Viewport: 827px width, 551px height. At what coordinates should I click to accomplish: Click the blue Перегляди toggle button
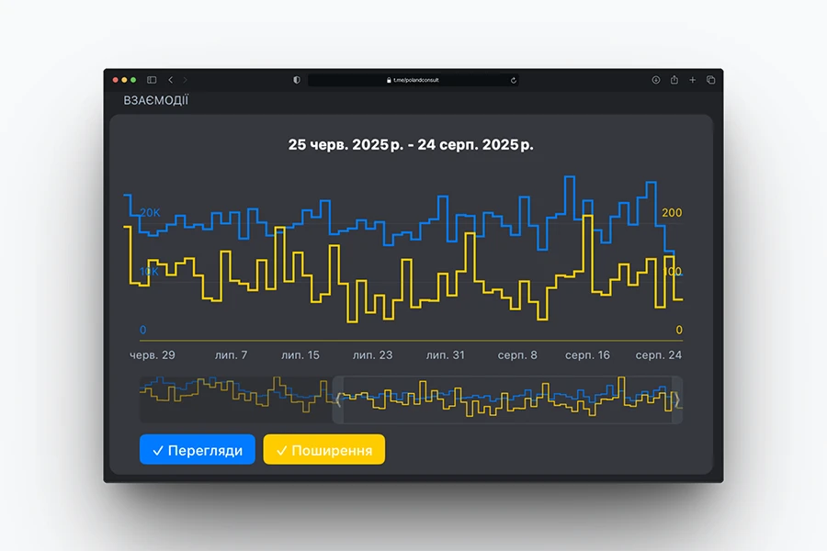[198, 450]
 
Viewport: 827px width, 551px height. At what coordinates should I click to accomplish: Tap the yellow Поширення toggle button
[324, 450]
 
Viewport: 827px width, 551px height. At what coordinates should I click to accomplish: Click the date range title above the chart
[411, 144]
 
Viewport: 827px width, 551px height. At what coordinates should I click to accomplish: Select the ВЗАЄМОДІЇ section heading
[155, 100]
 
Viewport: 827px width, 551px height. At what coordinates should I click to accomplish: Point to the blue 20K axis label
[150, 212]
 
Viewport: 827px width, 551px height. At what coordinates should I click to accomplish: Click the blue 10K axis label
[149, 272]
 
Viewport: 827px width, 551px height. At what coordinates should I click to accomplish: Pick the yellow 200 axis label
[672, 213]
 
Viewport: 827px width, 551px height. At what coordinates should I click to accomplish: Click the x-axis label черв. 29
[153, 354]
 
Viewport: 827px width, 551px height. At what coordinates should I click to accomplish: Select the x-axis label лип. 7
[231, 354]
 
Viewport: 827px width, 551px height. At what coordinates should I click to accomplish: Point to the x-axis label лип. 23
[372, 354]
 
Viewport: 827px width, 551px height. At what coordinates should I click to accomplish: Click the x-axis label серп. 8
[517, 354]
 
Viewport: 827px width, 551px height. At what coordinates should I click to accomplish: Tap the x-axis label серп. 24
[658, 354]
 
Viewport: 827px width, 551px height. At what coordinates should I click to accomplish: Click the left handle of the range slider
[337, 399]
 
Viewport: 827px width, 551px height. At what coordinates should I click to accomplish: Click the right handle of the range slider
[677, 399]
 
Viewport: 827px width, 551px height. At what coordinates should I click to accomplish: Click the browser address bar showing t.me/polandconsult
[413, 80]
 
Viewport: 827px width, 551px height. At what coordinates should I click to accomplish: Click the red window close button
[116, 80]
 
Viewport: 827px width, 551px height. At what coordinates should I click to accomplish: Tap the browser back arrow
[170, 80]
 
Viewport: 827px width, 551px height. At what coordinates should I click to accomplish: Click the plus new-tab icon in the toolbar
[693, 80]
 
